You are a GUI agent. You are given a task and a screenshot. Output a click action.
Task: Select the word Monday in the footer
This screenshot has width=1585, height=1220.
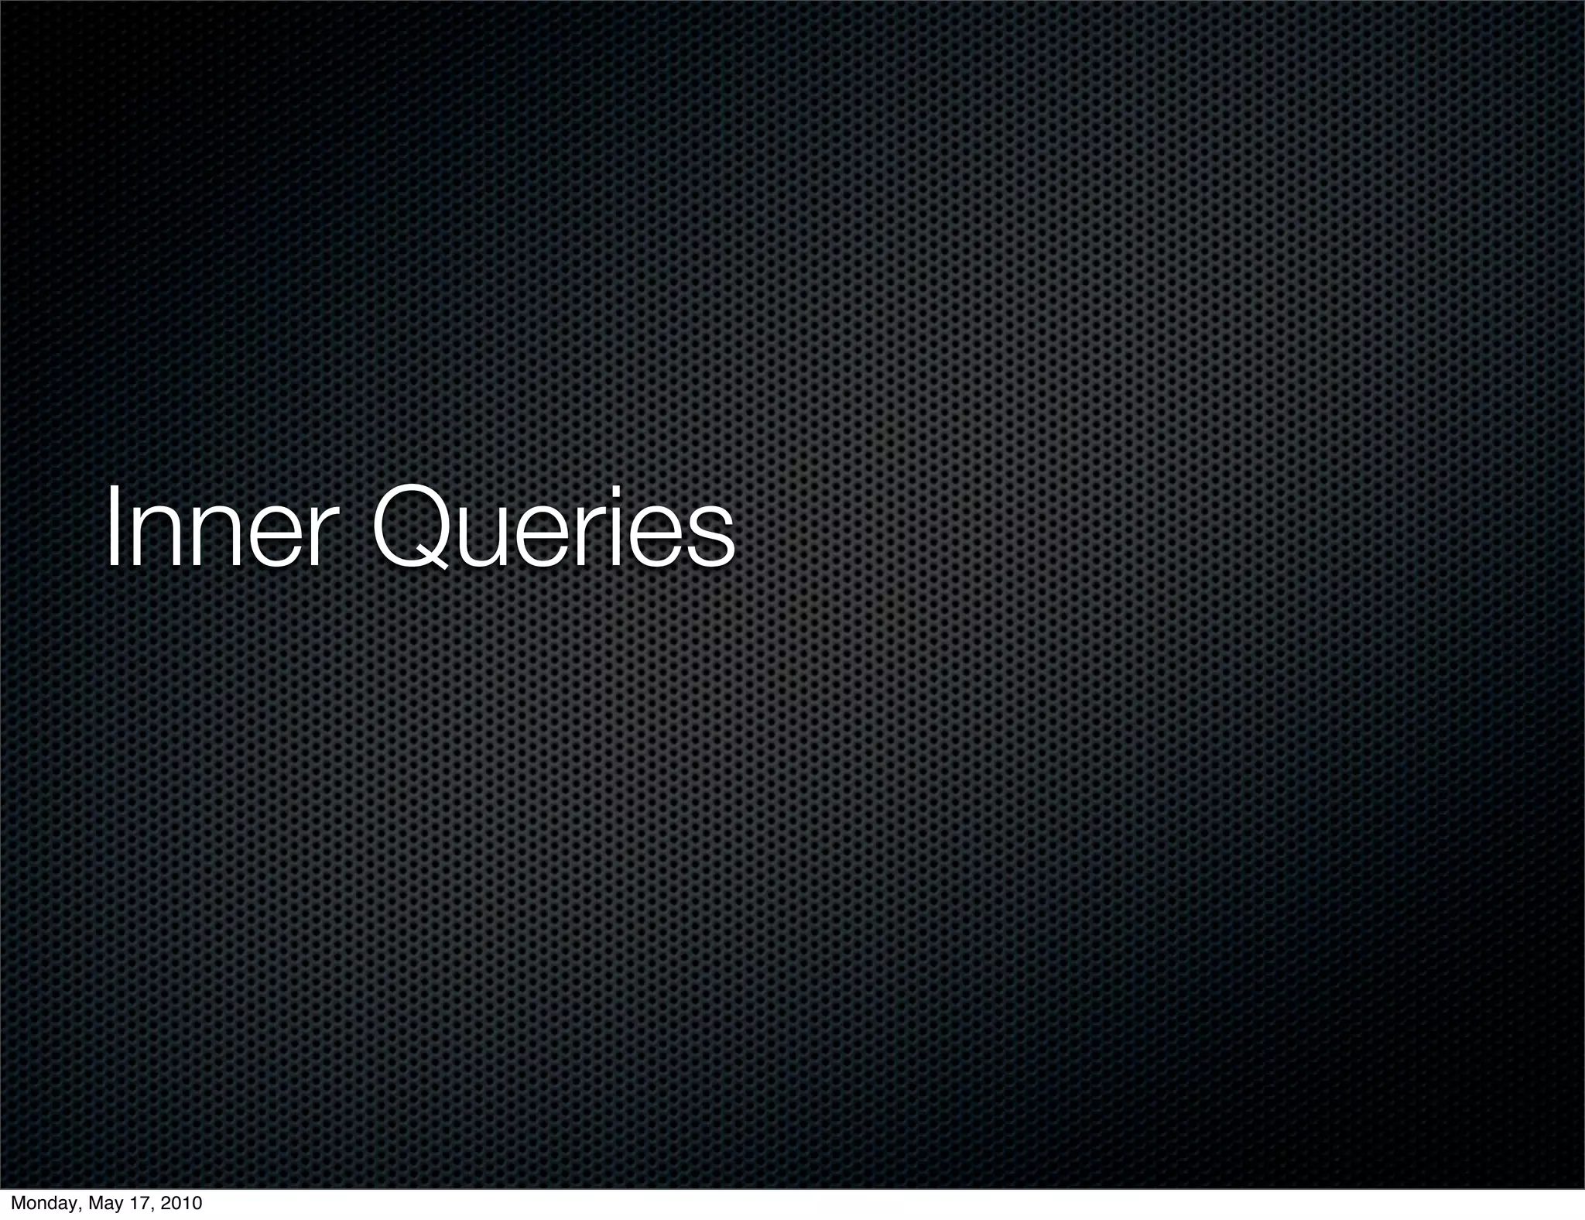coord(43,1205)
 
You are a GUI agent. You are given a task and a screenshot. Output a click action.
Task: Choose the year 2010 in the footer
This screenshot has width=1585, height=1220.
coord(182,1204)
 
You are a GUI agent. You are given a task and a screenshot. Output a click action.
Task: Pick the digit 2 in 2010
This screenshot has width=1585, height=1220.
coord(166,1204)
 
